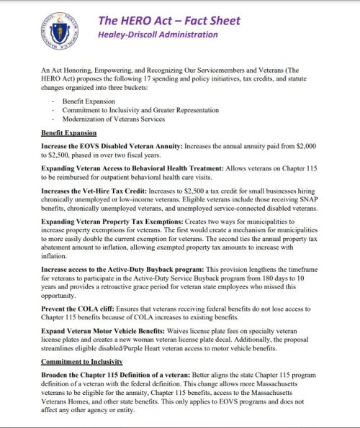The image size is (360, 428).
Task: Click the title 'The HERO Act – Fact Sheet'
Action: click(170, 21)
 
